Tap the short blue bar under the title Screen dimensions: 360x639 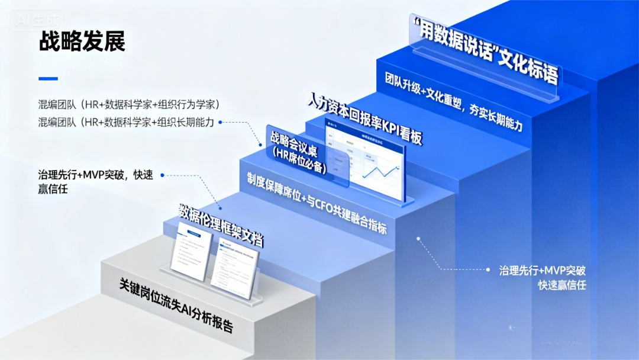(48, 78)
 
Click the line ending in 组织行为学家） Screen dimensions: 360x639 (129, 105)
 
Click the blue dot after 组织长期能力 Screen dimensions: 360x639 (220, 123)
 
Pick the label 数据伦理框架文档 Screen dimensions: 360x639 (221, 225)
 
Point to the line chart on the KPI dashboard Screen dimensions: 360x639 (379, 172)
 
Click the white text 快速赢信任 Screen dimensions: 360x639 (561, 285)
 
